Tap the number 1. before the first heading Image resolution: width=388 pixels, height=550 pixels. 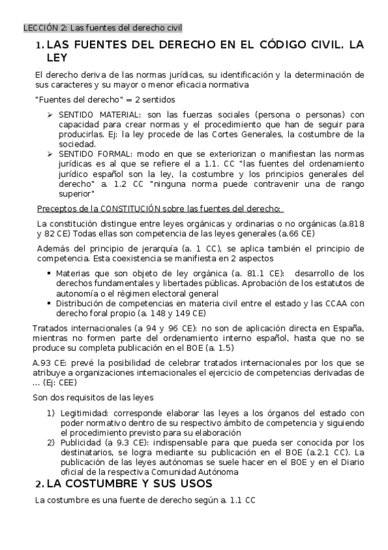pos(40,45)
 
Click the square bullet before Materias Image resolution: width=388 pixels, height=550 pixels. pos(49,273)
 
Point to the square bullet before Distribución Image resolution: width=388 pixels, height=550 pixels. pos(49,303)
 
